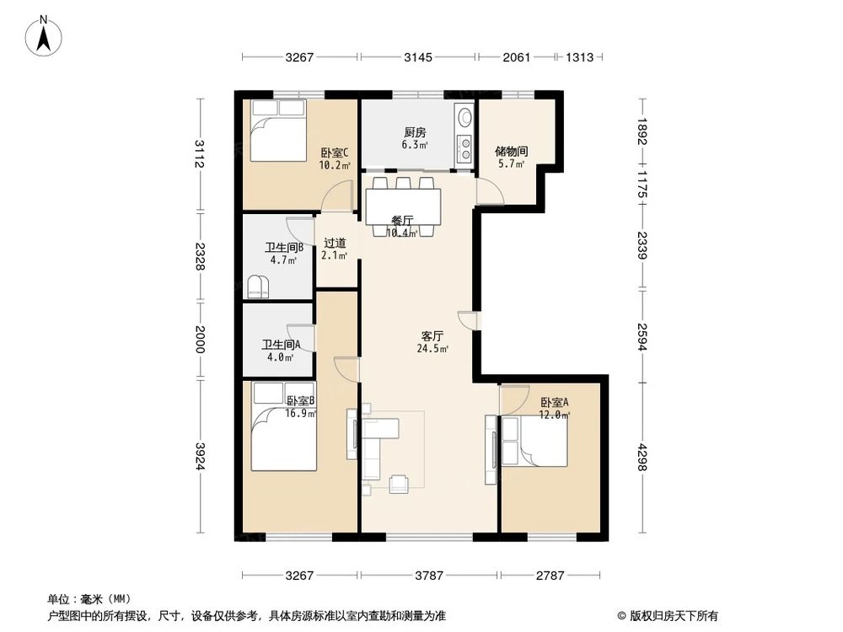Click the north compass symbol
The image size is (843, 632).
click(x=45, y=37)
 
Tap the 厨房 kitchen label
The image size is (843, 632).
click(x=414, y=132)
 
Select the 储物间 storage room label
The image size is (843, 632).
click(x=511, y=152)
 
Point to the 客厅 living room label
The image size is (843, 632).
click(x=432, y=335)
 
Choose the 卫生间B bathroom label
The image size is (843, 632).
click(x=283, y=248)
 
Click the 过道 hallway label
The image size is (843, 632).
click(x=335, y=243)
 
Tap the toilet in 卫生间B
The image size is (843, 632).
click(x=258, y=287)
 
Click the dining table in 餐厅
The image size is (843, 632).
click(x=403, y=206)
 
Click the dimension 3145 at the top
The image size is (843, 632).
click(x=417, y=57)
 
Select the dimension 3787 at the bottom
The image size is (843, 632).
click(x=429, y=576)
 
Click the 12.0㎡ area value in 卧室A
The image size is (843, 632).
click(x=556, y=415)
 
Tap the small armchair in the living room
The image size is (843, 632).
click(x=398, y=483)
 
